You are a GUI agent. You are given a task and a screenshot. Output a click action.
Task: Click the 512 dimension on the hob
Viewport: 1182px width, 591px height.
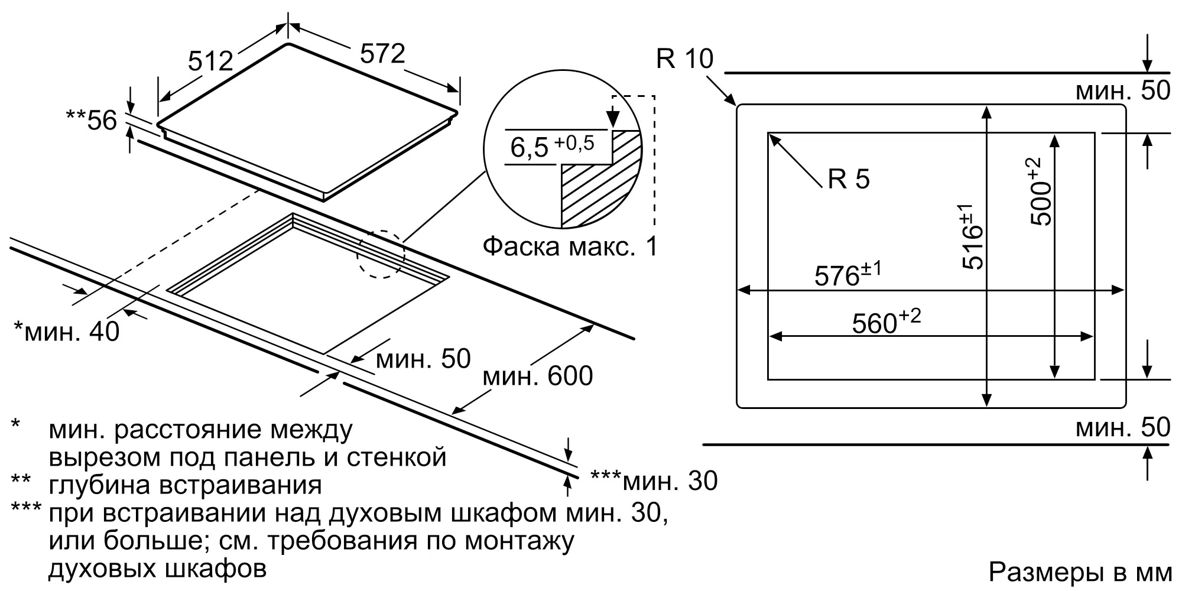coord(211,60)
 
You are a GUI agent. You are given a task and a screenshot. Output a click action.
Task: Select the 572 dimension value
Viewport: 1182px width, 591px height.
coord(382,54)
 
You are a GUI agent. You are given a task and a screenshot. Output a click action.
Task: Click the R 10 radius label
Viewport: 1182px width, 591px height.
coord(684,59)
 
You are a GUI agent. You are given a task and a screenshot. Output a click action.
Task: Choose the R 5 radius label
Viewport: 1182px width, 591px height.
coord(849,178)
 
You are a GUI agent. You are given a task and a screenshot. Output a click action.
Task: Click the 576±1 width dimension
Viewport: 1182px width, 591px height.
coord(847,275)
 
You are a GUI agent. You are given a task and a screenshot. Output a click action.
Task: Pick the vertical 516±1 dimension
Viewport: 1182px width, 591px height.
coord(972,236)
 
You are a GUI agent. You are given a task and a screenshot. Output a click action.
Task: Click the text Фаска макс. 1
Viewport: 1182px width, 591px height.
coord(570,246)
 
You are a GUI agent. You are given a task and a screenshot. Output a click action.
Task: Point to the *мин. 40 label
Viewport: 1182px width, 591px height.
coord(66,331)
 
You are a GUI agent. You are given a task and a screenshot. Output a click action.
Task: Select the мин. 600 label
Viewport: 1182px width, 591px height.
coord(537,376)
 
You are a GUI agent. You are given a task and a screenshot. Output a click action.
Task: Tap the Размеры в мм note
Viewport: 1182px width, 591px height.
coord(1080,572)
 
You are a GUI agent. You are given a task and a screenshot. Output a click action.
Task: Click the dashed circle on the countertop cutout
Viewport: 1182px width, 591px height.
coord(381,254)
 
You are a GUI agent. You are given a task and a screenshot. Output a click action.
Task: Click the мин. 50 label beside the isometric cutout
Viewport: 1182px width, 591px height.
coord(423,359)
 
